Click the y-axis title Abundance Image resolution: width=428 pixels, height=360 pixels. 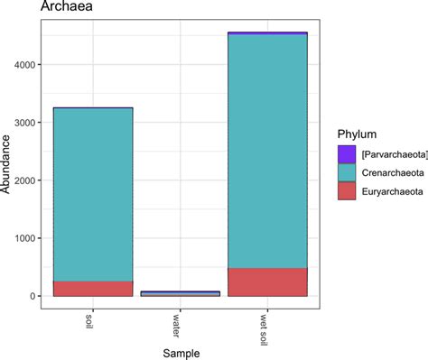coord(8,162)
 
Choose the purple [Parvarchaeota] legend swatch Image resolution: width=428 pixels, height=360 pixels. coord(346,154)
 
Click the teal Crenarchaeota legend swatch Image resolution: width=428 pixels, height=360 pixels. coord(346,171)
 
